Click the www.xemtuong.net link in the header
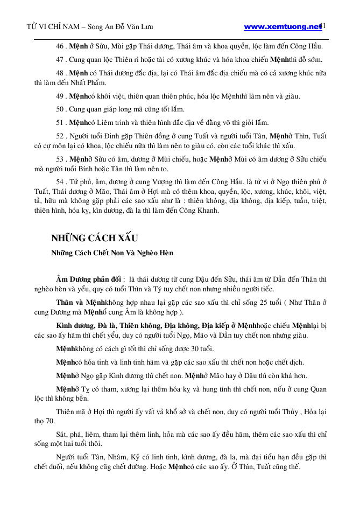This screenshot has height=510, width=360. pos(282,26)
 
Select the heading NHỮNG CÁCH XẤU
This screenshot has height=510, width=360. pos(95,239)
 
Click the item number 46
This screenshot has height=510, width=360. pos(60,47)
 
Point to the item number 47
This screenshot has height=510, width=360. pos(60,59)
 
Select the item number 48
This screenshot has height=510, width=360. pos(60,72)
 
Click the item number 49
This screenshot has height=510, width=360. pos(60,97)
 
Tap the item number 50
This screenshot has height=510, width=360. pos(60,109)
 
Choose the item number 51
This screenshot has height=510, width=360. pos(60,122)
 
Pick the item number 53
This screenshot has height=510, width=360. pos(60,160)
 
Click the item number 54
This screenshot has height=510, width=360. pos(60,185)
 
